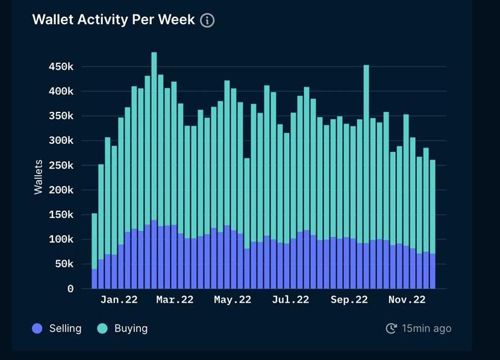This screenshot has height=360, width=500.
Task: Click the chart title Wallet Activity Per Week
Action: (x=113, y=19)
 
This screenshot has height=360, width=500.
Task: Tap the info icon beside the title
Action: (x=207, y=20)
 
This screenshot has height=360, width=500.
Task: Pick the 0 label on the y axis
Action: (x=70, y=289)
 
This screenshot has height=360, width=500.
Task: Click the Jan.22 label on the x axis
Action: (x=119, y=299)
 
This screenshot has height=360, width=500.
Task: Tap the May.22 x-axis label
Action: (x=233, y=299)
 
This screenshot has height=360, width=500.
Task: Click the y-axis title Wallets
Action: (x=39, y=176)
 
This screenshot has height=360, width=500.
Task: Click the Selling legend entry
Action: (x=65, y=328)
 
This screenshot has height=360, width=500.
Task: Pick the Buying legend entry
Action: (x=131, y=328)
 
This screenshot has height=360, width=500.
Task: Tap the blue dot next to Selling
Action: (x=37, y=329)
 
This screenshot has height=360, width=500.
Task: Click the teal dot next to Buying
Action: (x=102, y=329)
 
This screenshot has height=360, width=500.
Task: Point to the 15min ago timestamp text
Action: (x=427, y=328)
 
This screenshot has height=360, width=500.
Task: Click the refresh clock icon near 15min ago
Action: (x=391, y=328)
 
